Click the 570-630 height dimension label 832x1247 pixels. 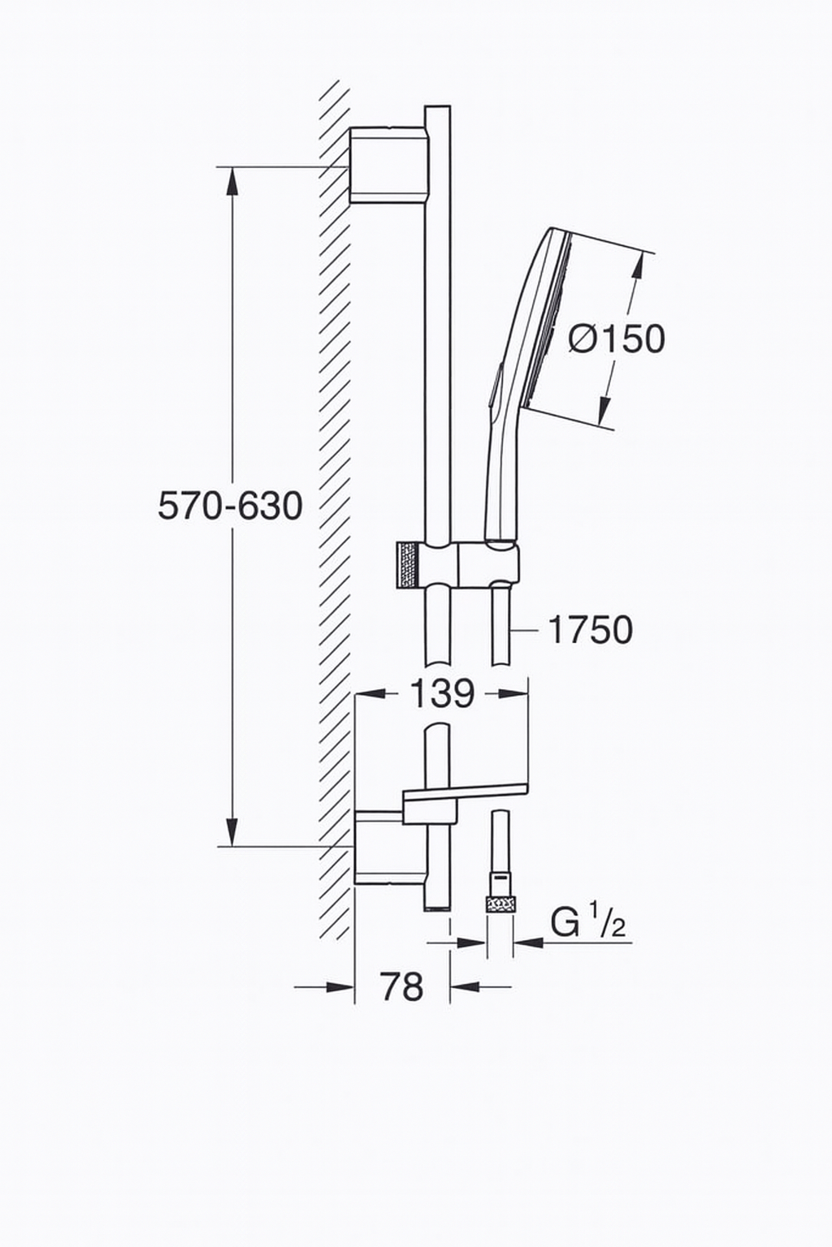tap(230, 506)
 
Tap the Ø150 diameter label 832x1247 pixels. tap(617, 339)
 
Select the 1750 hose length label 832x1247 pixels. tap(591, 629)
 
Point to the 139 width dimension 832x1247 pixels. tap(441, 693)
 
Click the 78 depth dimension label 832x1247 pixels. tap(402, 987)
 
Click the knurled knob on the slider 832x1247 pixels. tap(405, 563)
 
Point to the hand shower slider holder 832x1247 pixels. tap(487, 563)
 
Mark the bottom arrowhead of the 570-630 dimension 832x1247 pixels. tap(232, 831)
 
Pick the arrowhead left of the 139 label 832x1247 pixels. tap(370, 693)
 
